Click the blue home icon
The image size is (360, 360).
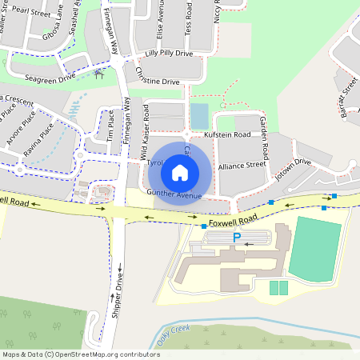tap(180, 172)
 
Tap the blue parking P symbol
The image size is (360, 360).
tap(236, 238)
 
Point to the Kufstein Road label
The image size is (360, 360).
tap(228, 134)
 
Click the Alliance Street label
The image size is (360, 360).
tap(242, 166)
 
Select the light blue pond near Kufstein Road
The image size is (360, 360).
tap(199, 115)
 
